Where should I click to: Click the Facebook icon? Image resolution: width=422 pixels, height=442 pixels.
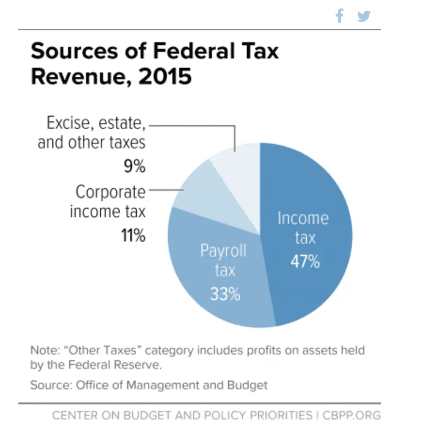[x=339, y=16]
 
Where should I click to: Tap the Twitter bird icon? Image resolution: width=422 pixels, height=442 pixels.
[x=363, y=16]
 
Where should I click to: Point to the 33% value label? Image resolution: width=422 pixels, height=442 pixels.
[x=225, y=294]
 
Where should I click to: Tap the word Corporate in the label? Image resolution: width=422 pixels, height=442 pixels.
[x=111, y=192]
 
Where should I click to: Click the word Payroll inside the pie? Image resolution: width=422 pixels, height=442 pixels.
[x=223, y=251]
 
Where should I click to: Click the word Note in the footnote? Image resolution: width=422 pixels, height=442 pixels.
[x=44, y=350]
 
